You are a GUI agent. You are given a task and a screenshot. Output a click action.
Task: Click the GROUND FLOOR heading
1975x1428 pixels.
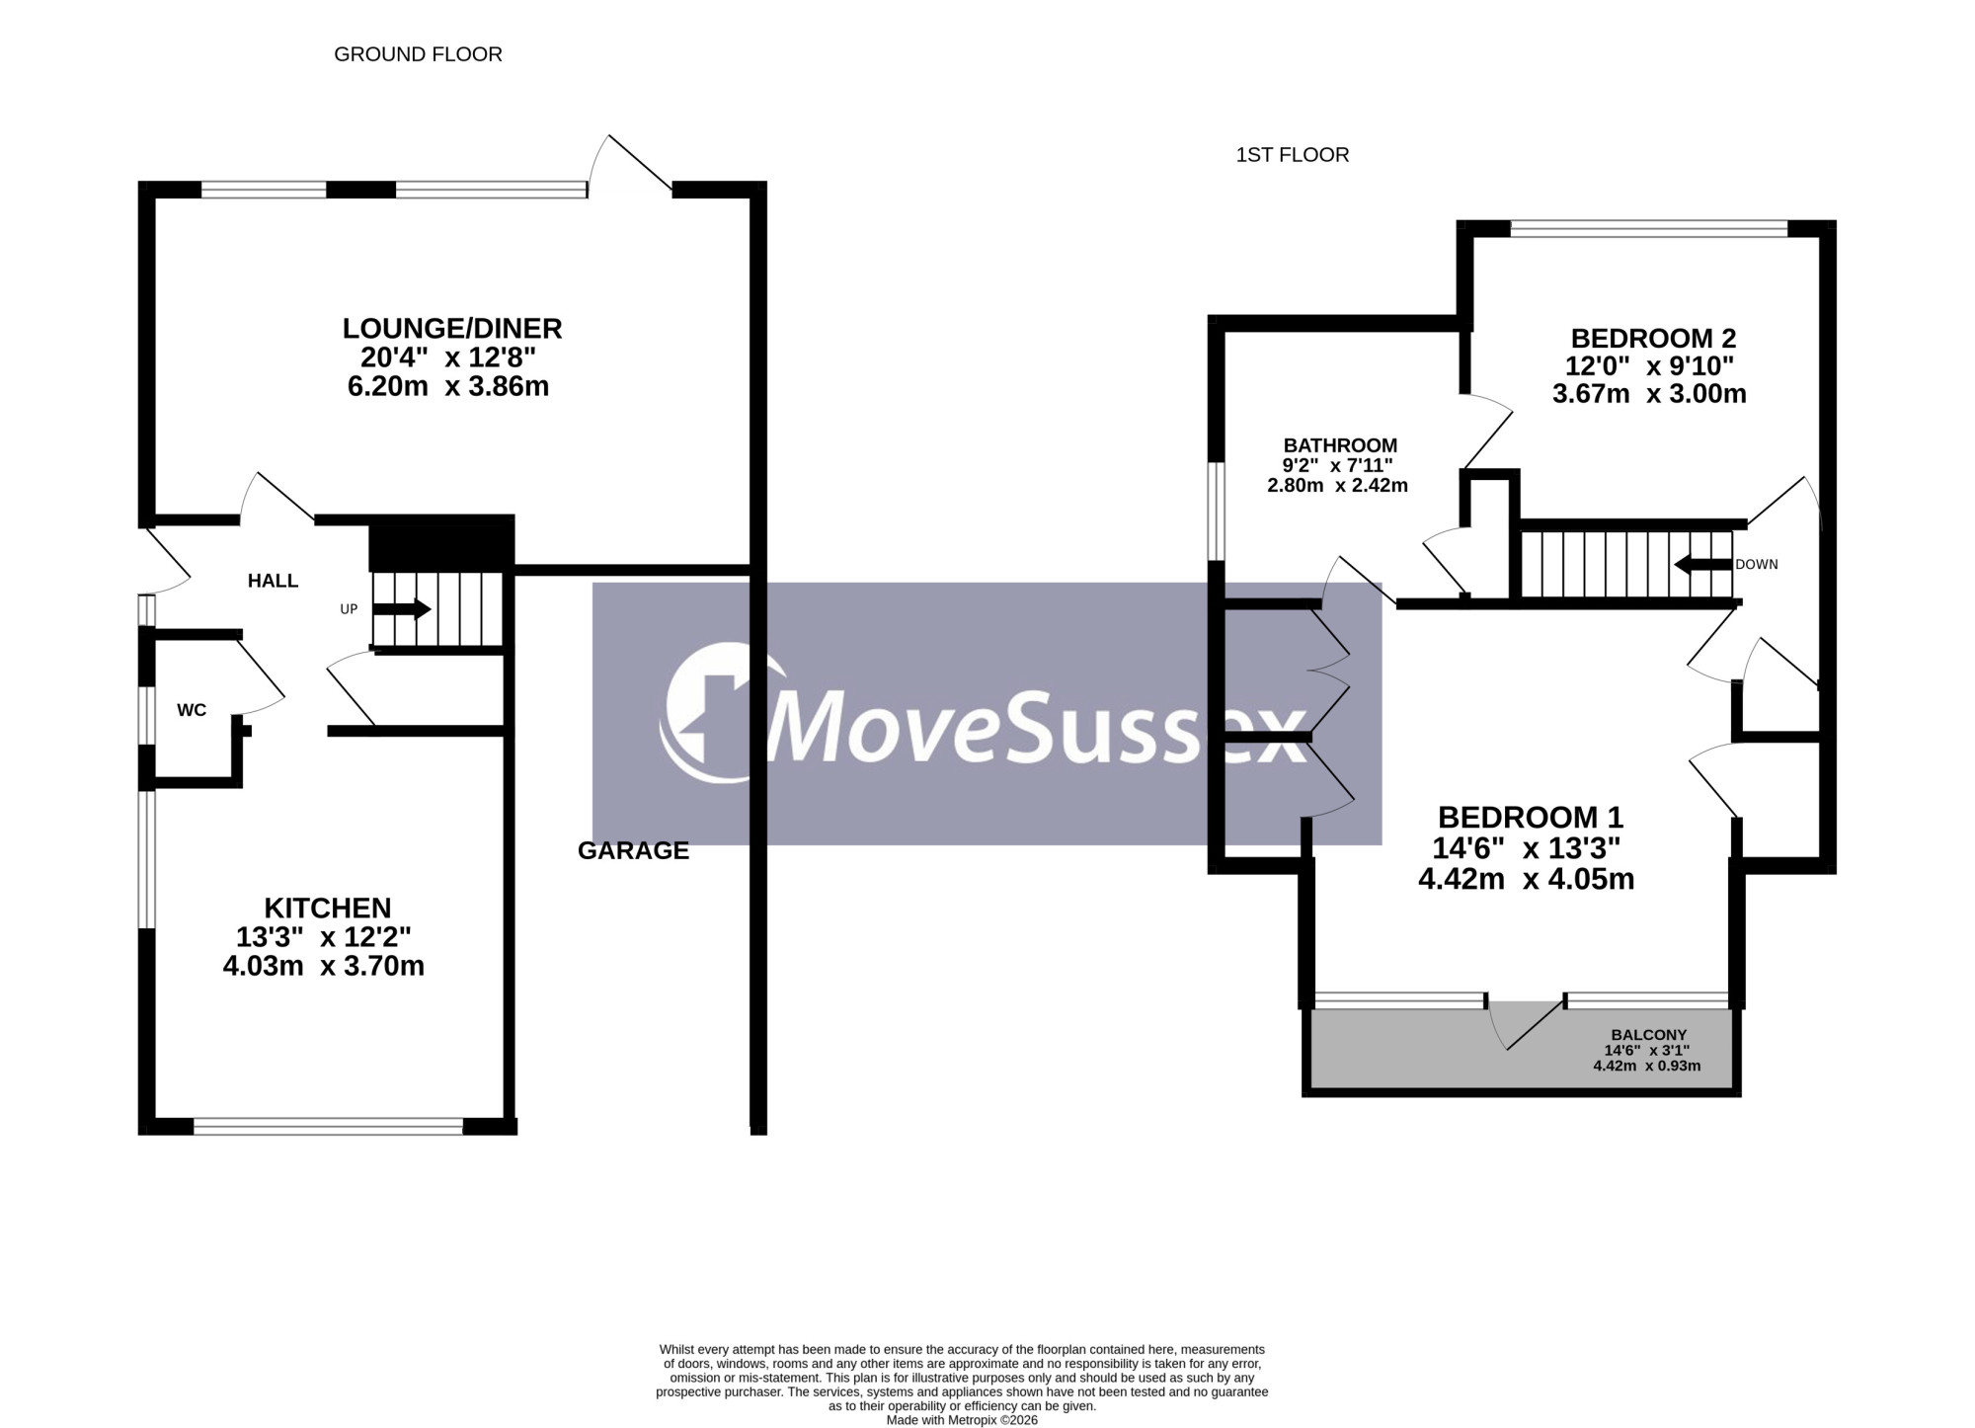pos(418,54)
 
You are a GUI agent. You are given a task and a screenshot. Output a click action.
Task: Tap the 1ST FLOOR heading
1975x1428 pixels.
pos(1292,155)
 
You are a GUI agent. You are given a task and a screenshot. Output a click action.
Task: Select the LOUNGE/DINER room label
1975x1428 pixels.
pos(452,328)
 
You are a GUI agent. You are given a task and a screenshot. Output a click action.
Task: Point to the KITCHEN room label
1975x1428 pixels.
pos(328,908)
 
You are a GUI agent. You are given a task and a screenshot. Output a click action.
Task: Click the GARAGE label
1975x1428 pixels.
pos(633,850)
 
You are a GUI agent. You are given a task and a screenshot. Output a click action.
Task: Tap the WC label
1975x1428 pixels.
pos(192,710)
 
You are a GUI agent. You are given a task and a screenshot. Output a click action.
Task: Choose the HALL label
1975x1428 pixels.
pos(273,581)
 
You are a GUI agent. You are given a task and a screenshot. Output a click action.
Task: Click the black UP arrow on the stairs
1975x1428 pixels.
pos(401,609)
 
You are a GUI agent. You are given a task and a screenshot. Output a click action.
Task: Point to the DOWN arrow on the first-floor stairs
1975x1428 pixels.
pos(1703,565)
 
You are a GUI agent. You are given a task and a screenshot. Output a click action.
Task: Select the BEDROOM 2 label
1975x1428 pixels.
pos(1653,339)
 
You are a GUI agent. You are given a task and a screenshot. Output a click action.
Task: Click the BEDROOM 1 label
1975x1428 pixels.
pos(1531,818)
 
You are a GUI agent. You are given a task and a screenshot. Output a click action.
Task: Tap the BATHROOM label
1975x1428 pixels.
pos(1340,445)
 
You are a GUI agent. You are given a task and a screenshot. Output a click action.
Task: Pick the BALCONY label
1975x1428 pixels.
pos(1649,1035)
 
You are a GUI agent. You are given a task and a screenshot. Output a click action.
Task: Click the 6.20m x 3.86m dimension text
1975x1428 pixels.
pos(448,386)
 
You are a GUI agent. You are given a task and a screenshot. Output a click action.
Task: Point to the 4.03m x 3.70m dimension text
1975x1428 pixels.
pos(324,966)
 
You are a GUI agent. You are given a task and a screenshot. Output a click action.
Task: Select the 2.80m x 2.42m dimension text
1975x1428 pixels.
pos(1337,486)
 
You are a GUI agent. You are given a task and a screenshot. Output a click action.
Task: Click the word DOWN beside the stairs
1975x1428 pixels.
pos(1757,565)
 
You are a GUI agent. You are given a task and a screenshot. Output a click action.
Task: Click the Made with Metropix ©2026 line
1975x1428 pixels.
pos(962,1420)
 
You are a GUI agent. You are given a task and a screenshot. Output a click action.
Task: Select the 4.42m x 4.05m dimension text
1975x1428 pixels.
pos(1527,879)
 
